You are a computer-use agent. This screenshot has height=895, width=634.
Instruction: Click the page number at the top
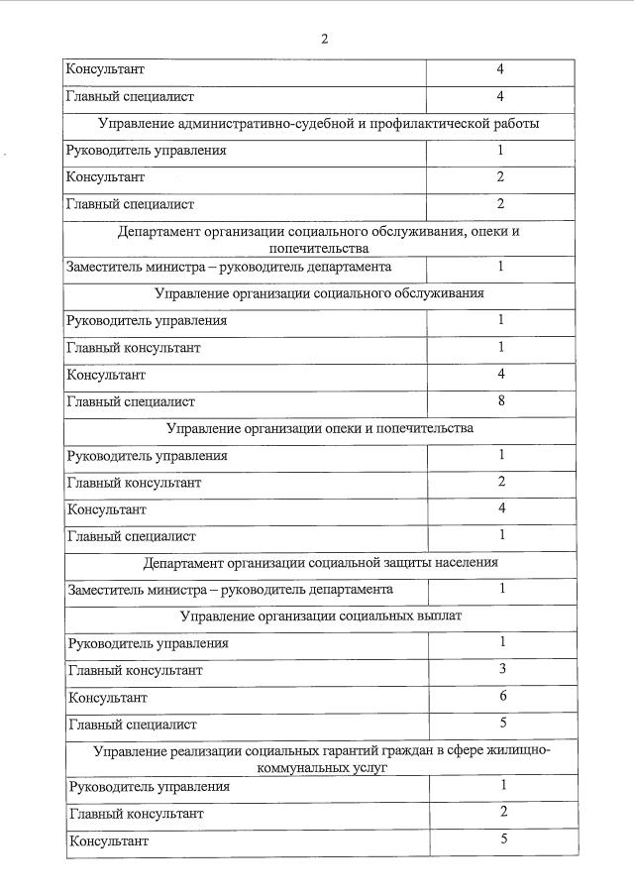point(323,39)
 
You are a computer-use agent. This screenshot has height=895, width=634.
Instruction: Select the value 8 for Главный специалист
point(501,401)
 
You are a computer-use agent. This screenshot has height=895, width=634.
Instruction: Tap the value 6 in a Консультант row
point(503,697)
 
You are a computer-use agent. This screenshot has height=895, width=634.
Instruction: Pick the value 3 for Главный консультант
point(503,669)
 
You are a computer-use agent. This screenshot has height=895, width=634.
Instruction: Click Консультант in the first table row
point(105,70)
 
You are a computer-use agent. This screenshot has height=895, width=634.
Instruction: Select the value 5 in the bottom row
point(503,839)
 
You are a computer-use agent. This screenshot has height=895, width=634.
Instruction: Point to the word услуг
point(362,767)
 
